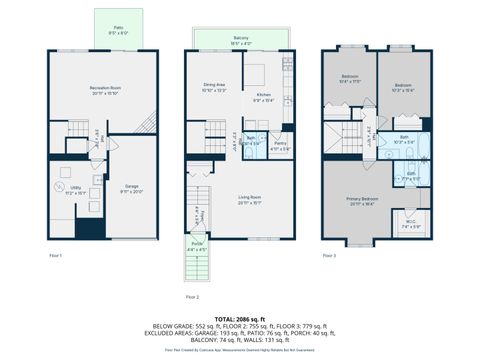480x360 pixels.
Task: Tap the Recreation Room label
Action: point(104,93)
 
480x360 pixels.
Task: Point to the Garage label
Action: point(132,186)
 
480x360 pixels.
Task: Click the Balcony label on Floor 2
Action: point(241,40)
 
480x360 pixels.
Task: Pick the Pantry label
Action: point(282,146)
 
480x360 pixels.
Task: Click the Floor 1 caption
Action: point(56,257)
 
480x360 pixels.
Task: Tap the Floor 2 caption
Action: point(192,297)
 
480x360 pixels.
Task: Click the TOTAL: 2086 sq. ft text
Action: point(240,316)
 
